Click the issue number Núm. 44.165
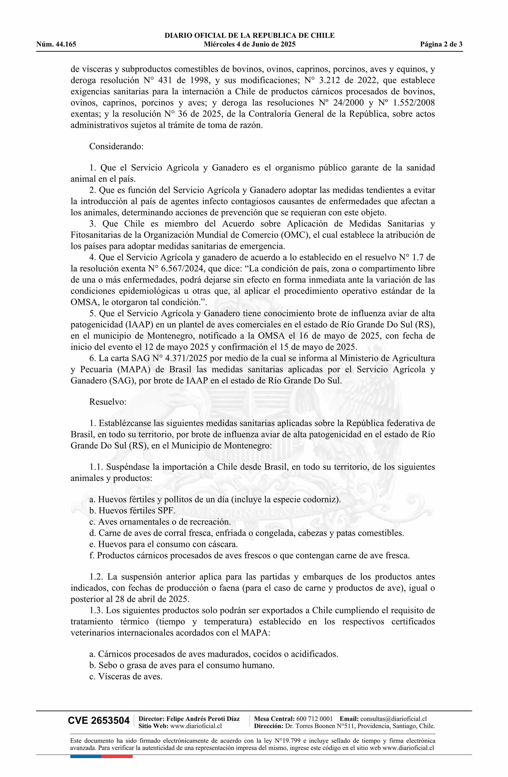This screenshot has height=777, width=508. [x=56, y=44]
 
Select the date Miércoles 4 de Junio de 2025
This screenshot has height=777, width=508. [x=249, y=44]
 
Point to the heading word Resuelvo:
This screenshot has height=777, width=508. [x=108, y=402]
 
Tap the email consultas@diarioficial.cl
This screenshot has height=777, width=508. [x=393, y=718]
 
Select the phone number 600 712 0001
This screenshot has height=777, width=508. [x=314, y=718]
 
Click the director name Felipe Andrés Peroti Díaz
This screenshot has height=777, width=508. [x=203, y=718]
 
